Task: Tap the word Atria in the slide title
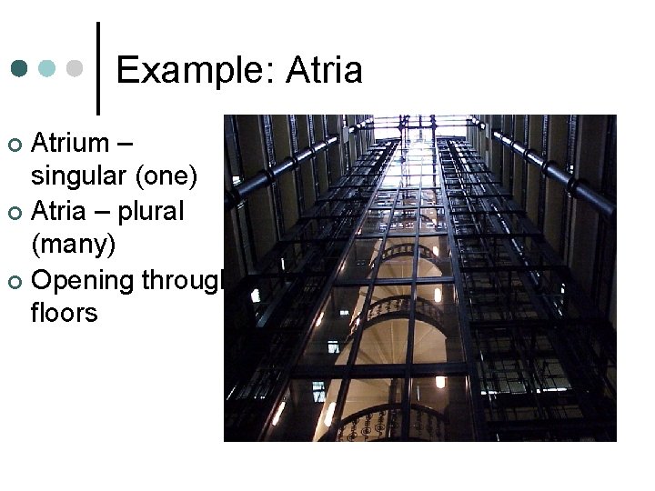(x=325, y=70)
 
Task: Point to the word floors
(x=64, y=313)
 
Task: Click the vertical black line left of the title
(x=97, y=68)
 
